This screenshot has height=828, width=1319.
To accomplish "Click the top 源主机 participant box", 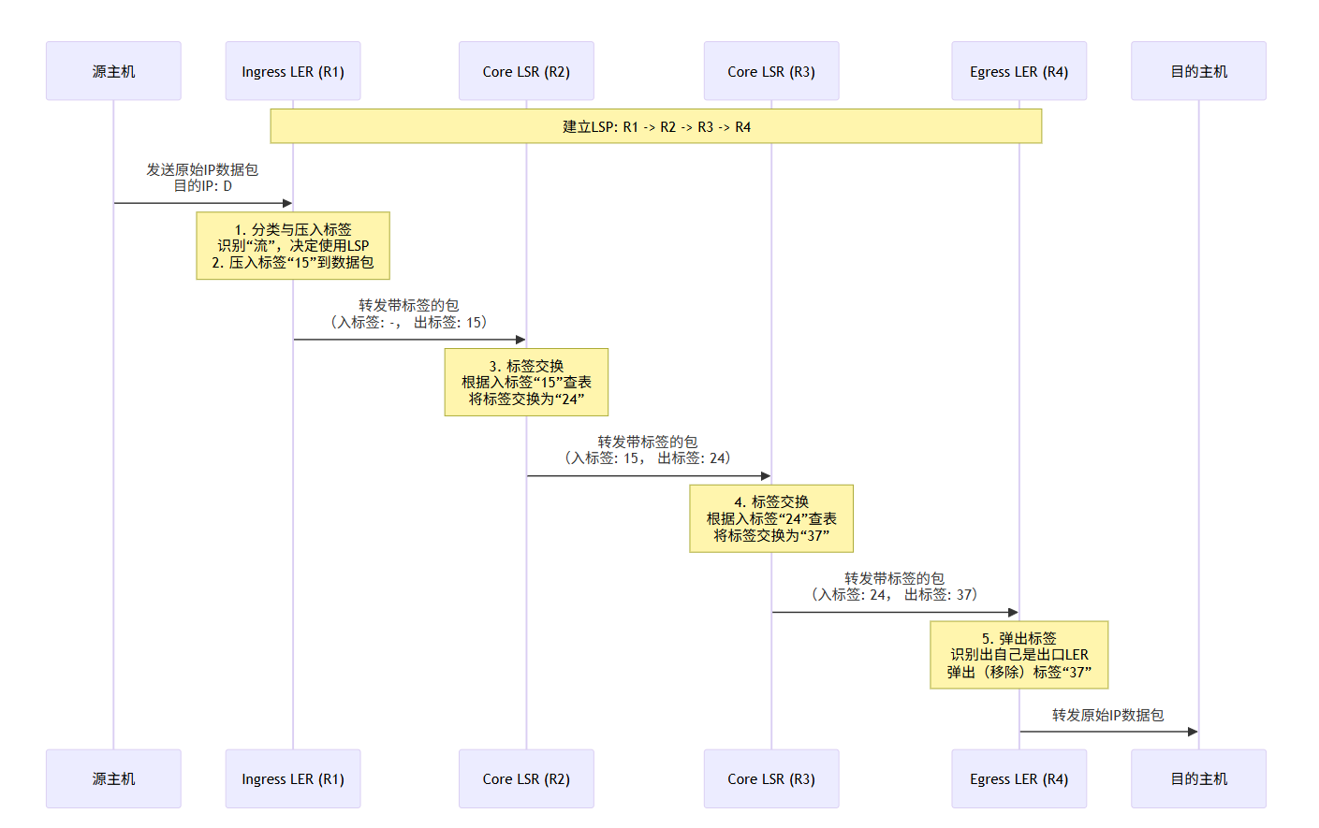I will pyautogui.click(x=113, y=71).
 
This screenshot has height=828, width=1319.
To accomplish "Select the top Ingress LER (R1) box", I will pyautogui.click(x=293, y=71).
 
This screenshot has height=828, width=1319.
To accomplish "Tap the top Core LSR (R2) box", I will pyautogui.click(x=526, y=71).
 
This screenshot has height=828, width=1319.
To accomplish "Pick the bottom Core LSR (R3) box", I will pyautogui.click(x=771, y=778).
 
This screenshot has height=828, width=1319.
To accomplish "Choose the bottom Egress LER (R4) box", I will pyautogui.click(x=1019, y=778).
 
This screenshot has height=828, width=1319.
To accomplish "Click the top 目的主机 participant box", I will pyautogui.click(x=1198, y=71).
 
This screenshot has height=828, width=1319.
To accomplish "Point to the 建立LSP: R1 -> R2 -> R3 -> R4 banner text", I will pyautogui.click(x=656, y=126).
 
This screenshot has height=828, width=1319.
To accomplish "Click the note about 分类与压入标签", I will pyautogui.click(x=293, y=245).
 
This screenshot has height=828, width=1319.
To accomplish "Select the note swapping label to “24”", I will pyautogui.click(x=526, y=382).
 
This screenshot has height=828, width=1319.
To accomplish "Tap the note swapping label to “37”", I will pyautogui.click(x=771, y=518).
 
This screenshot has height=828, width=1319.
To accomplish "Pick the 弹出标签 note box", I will pyautogui.click(x=1019, y=655).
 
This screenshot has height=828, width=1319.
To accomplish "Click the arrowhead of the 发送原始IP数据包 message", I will pyautogui.click(x=287, y=203).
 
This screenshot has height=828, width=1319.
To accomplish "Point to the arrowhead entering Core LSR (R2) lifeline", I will pyautogui.click(x=520, y=340).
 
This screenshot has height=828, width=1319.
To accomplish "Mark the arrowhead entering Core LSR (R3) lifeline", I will pyautogui.click(x=766, y=476).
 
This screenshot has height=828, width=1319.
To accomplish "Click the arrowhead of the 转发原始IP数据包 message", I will pyautogui.click(x=1193, y=732).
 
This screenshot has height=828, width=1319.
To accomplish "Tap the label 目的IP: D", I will pyautogui.click(x=203, y=186).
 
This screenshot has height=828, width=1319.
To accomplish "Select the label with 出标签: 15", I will pyautogui.click(x=408, y=322).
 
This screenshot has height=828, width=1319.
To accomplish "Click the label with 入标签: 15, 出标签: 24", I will pyautogui.click(x=648, y=458).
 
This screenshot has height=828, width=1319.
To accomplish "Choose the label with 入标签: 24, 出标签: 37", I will pyautogui.click(x=894, y=595).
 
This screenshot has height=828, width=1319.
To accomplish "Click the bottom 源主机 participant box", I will pyautogui.click(x=113, y=778).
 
